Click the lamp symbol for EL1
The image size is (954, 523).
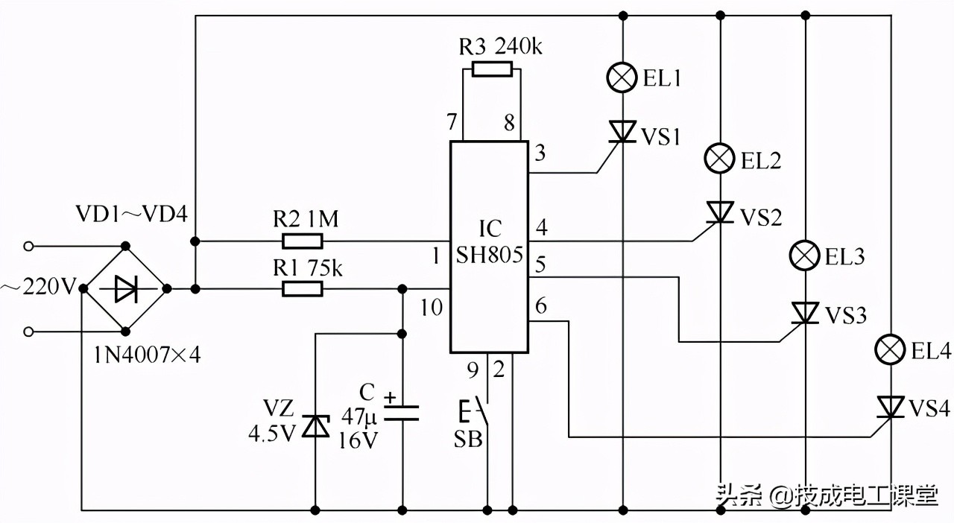click(x=622, y=77)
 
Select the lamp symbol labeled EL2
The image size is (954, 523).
click(x=719, y=159)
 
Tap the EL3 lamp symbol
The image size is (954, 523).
click(x=805, y=257)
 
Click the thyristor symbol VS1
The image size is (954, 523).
click(x=622, y=132)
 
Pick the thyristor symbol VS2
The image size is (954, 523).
click(x=719, y=214)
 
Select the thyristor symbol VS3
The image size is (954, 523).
click(x=805, y=314)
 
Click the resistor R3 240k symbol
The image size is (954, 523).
click(x=492, y=70)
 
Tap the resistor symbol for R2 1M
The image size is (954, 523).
click(x=303, y=241)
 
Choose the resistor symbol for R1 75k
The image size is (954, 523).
click(x=303, y=289)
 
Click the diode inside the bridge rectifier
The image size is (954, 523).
click(x=125, y=289)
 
